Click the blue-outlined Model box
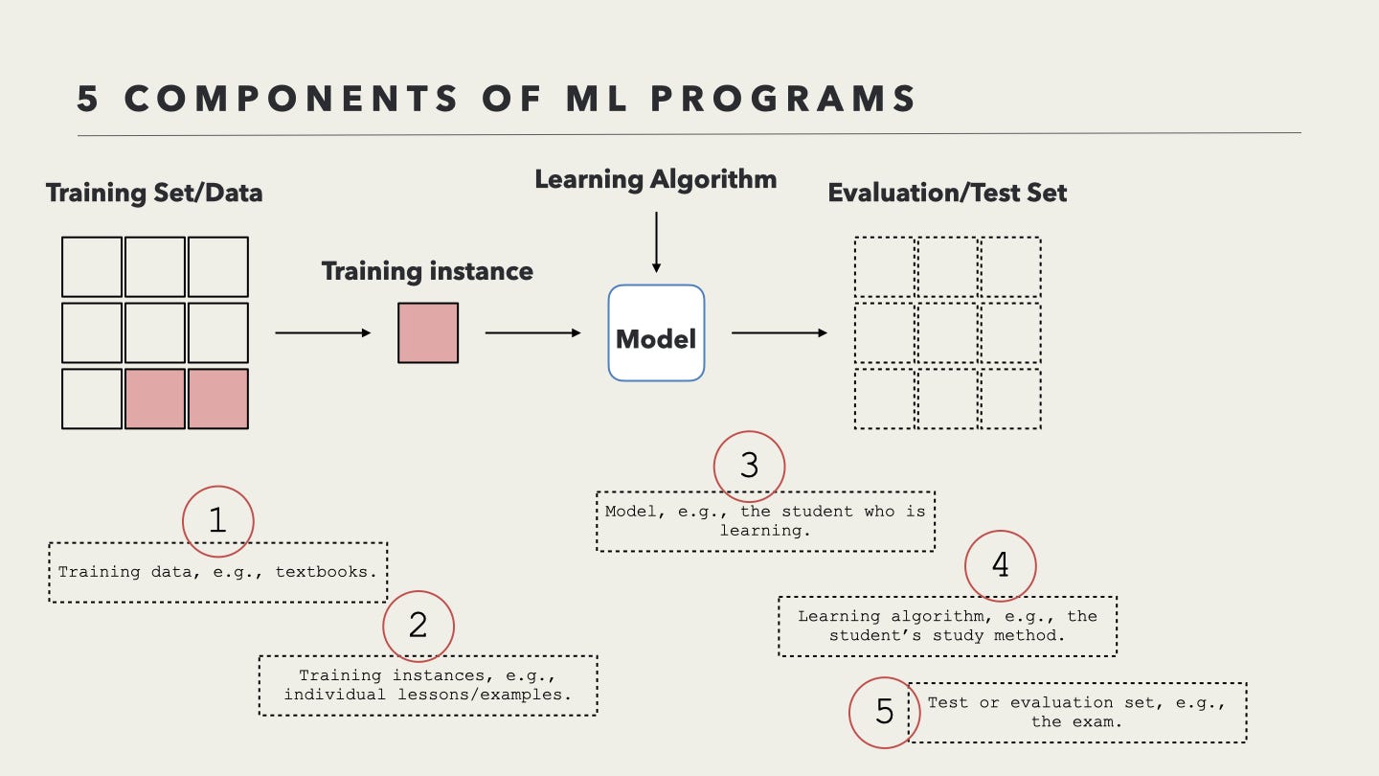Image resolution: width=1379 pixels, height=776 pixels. pyautogui.click(x=656, y=333)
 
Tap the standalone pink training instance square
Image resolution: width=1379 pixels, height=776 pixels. pyautogui.click(x=428, y=333)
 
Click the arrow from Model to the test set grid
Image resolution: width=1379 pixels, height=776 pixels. pyautogui.click(x=780, y=333)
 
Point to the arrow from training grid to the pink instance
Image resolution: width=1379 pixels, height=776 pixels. pyautogui.click(x=323, y=333)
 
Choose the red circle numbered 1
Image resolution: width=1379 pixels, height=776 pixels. pyautogui.click(x=218, y=521)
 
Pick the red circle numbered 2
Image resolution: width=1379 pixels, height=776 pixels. pyautogui.click(x=418, y=626)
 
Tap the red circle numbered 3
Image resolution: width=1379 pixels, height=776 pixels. pyautogui.click(x=749, y=467)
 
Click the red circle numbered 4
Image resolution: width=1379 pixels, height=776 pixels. pyautogui.click(x=1000, y=566)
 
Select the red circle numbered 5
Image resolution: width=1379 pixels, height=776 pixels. pyautogui.click(x=885, y=712)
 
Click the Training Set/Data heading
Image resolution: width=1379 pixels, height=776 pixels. pyautogui.click(x=154, y=193)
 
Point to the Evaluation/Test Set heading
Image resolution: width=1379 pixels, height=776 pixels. pyautogui.click(x=947, y=193)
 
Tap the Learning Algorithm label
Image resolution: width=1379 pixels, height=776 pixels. pyautogui.click(x=656, y=179)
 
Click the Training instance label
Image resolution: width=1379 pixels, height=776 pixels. pyautogui.click(x=427, y=271)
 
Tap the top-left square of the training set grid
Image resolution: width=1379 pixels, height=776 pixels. pyautogui.click(x=92, y=267)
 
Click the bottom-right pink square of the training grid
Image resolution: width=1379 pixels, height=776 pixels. pyautogui.click(x=218, y=399)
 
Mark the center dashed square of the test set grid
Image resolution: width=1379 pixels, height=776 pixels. pyautogui.click(x=948, y=333)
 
